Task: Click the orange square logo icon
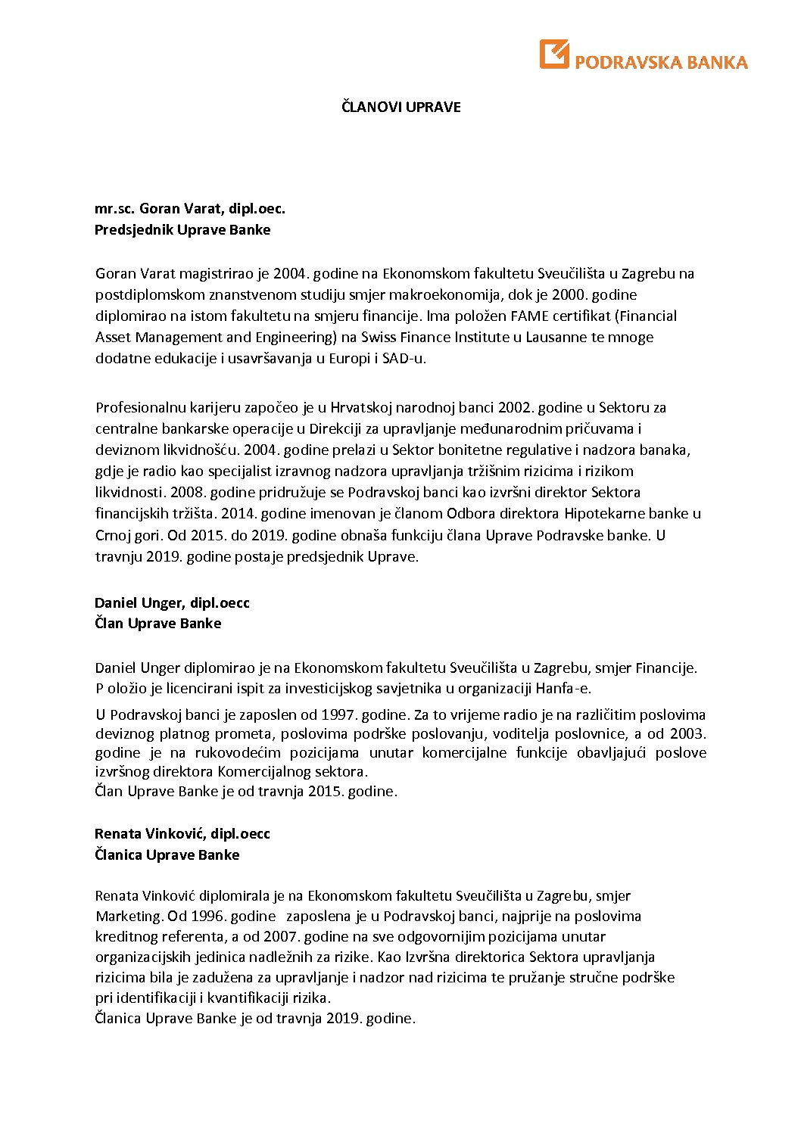pyautogui.click(x=553, y=54)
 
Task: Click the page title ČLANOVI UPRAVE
pyautogui.click(x=400, y=107)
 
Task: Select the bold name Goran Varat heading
pyautogui.click(x=189, y=209)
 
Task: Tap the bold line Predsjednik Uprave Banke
pyautogui.click(x=182, y=230)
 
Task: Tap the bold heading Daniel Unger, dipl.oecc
pyautogui.click(x=172, y=603)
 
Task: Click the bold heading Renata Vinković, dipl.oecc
pyautogui.click(x=182, y=834)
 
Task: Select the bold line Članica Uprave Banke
pyautogui.click(x=167, y=855)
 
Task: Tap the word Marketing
pyautogui.click(x=129, y=917)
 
